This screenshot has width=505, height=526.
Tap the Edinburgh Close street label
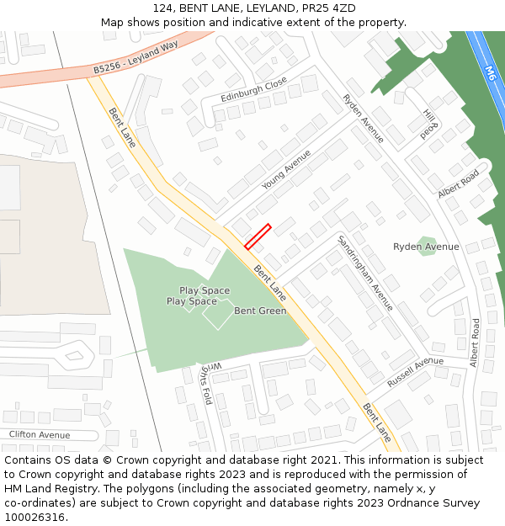tap(253, 90)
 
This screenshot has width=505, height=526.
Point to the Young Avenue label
tap(286, 169)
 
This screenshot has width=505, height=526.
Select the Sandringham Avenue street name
tap(364, 274)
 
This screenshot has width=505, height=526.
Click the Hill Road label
tap(430, 123)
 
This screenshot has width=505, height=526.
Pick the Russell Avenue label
tap(415, 371)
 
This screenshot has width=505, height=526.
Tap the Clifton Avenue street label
tap(40, 435)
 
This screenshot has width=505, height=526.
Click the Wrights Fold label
tap(207, 384)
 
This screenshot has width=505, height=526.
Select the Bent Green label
tap(260, 311)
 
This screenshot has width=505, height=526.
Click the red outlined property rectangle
tap(257, 236)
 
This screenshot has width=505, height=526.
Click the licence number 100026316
tap(35, 517)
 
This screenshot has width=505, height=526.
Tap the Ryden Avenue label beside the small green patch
tap(426, 247)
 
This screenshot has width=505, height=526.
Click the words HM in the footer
tap(15, 489)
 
